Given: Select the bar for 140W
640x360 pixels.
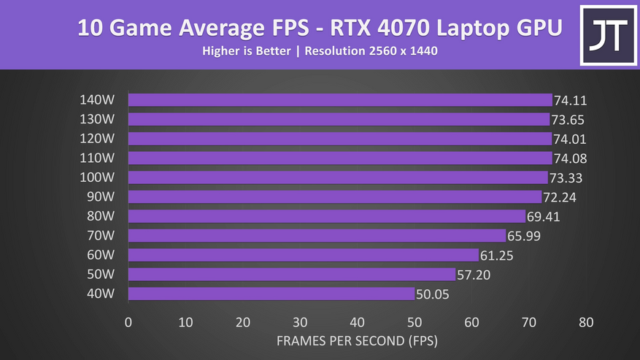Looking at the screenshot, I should pyautogui.click(x=339, y=100).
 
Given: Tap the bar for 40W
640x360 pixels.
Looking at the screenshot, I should pyautogui.click(x=271, y=294).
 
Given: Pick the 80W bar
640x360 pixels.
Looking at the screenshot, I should pyautogui.click(x=326, y=216).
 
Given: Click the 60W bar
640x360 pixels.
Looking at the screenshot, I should pyautogui.click(x=303, y=255).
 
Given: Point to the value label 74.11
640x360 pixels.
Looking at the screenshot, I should pyautogui.click(x=571, y=101).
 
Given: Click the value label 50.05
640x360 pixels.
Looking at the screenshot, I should pyautogui.click(x=433, y=294).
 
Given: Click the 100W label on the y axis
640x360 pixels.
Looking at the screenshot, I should pyautogui.click(x=97, y=177).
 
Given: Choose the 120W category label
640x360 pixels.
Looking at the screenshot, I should pyautogui.click(x=97, y=139).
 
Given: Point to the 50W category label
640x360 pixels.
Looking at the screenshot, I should pyautogui.click(x=100, y=275).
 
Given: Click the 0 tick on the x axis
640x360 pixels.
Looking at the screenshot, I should pyautogui.click(x=128, y=322).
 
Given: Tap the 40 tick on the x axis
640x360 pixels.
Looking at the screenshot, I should pyautogui.click(x=357, y=322).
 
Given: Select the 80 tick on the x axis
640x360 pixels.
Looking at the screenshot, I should pyautogui.click(x=585, y=322).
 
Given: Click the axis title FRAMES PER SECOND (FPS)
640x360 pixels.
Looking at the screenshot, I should pyautogui.click(x=357, y=341).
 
